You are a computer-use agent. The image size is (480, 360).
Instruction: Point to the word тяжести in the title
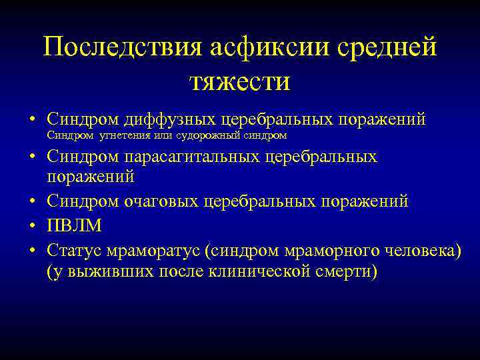[x=240, y=83]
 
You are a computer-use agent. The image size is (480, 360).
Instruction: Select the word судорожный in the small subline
[x=205, y=136]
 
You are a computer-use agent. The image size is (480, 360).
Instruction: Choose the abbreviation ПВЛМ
[x=75, y=226]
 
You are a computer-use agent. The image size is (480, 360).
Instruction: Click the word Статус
[x=71, y=250]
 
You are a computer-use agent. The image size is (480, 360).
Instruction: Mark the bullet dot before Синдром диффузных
[x=32, y=120]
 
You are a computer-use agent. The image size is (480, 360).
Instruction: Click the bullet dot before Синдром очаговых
[x=32, y=202]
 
